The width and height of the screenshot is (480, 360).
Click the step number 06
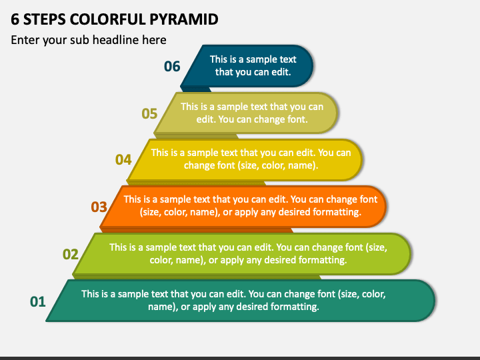(172, 66)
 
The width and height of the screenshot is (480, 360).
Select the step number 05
(149, 113)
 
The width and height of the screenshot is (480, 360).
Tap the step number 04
(123, 159)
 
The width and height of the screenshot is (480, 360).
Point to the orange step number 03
(99, 207)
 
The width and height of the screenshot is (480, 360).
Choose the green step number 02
(71, 254)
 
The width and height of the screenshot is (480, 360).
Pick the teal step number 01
(38, 301)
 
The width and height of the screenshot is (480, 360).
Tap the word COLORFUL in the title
(113, 19)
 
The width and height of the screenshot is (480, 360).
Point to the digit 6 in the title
(15, 19)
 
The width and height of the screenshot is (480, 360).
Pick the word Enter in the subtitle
(25, 40)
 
